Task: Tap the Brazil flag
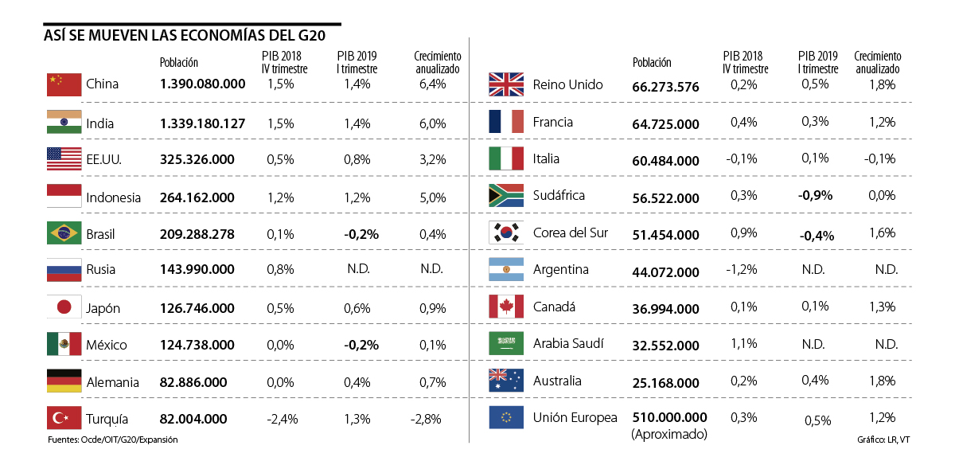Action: click(64, 233)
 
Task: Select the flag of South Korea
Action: click(506, 232)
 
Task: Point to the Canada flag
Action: click(506, 307)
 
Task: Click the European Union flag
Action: click(506, 417)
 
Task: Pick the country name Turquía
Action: click(107, 419)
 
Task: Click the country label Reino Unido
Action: click(567, 84)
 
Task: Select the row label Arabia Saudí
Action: click(568, 344)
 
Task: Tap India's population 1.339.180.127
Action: click(202, 123)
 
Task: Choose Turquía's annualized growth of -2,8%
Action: click(426, 419)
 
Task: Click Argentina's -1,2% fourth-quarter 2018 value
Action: click(742, 270)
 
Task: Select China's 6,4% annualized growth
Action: click(431, 84)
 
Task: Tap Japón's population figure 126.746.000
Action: click(197, 308)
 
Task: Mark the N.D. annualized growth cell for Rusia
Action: click(431, 269)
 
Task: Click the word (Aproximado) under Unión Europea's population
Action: click(669, 435)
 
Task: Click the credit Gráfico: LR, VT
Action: click(884, 440)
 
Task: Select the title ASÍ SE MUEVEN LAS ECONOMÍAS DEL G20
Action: click(184, 36)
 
